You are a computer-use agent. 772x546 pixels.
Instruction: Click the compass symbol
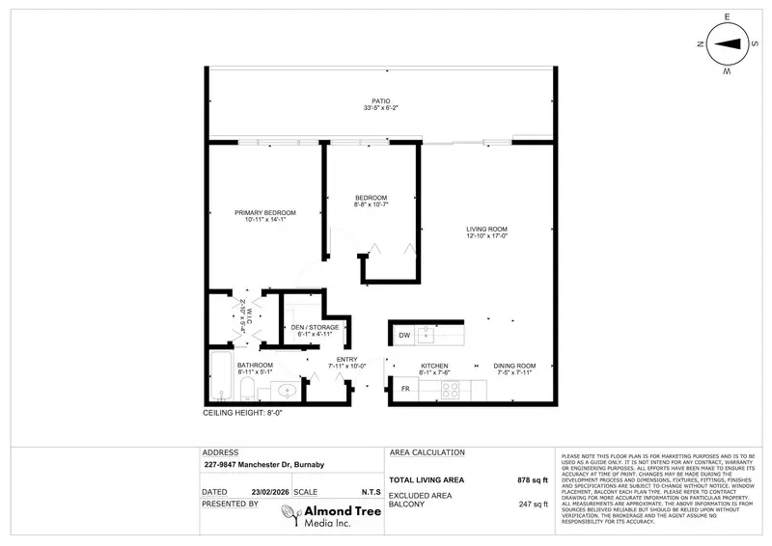[x=730, y=42]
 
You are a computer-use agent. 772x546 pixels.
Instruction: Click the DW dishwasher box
[x=403, y=336]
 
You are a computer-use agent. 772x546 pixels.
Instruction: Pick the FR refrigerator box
[x=403, y=389]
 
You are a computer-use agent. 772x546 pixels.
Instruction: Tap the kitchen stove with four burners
[x=450, y=390]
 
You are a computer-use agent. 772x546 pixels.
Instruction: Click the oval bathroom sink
[x=286, y=391]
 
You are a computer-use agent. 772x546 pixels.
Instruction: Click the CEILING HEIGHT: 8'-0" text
[x=241, y=412]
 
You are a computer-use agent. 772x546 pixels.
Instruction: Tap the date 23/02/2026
[x=259, y=491]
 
